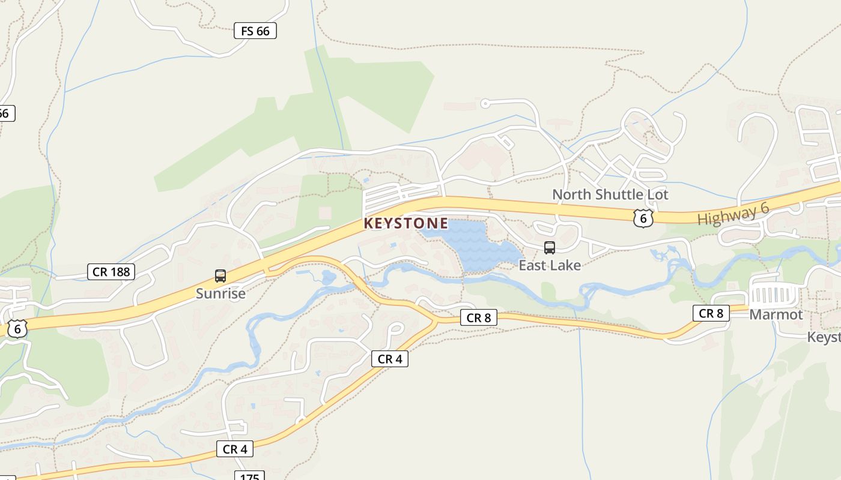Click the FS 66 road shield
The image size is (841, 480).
pos(255,31)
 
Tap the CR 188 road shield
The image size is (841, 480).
pos(111,272)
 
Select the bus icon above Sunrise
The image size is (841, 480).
pos(220,276)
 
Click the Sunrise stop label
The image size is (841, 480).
pos(220,293)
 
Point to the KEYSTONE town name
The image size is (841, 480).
pos(406,224)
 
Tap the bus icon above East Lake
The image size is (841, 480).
pos(549,248)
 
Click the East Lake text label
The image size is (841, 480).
pos(550,265)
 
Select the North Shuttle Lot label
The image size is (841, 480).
pos(610,194)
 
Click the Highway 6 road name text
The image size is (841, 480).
pos(733,215)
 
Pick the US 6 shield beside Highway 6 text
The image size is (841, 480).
pos(643,218)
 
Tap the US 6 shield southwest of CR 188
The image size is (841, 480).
pos(18,328)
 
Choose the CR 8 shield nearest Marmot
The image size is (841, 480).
pos(711,313)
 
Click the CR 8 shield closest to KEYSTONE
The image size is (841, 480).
pos(479,317)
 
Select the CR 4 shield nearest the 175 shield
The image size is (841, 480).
pos(235,449)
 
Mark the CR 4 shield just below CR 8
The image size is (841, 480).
pos(389,359)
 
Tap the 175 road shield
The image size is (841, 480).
pos(249,476)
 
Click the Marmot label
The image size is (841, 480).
pos(776,314)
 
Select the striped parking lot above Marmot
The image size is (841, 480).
pos(773,295)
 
